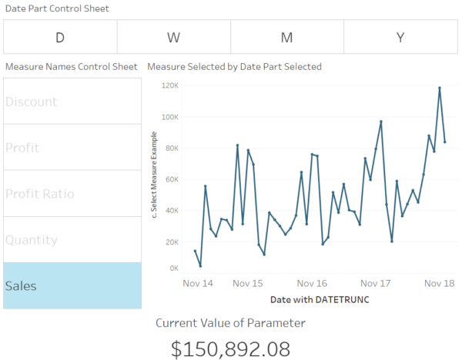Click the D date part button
click(60, 37)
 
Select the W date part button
click(173, 37)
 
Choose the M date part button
click(286, 37)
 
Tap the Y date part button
click(400, 37)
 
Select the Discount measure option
click(72, 102)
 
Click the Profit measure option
click(72, 148)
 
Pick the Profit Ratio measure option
click(72, 194)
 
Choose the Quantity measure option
click(72, 240)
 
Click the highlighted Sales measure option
click(72, 285)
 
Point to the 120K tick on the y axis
click(170, 85)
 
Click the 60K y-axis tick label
click(172, 179)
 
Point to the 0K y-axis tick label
click(173, 268)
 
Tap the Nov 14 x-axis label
click(198, 283)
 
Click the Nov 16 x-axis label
click(311, 283)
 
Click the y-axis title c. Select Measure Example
click(154, 175)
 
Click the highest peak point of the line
click(439, 88)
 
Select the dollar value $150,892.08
click(230, 348)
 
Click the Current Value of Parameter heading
click(230, 323)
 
